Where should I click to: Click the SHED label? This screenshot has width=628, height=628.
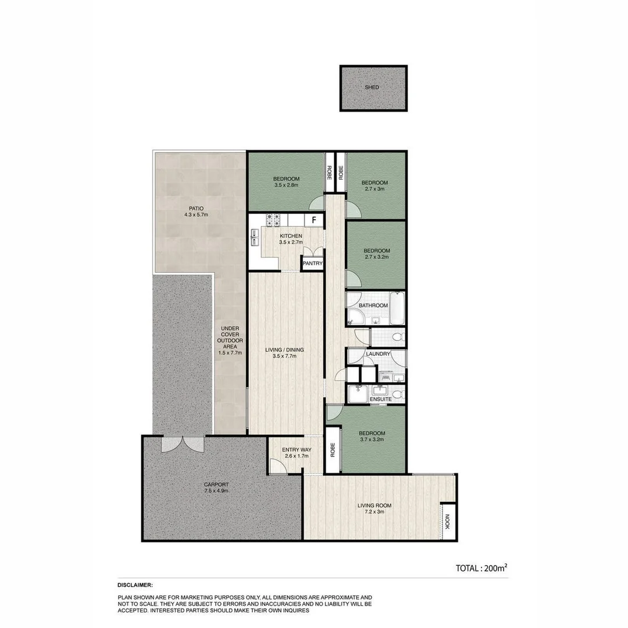372,87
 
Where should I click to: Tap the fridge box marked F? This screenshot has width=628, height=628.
314,220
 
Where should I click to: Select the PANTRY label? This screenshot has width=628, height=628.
312,263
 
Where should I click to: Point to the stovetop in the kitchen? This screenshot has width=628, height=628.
274,220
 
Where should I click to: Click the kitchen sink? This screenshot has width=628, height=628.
255,237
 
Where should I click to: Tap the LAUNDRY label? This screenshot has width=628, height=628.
378,354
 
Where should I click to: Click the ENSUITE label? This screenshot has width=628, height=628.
380,399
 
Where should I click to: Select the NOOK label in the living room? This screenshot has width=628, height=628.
447,520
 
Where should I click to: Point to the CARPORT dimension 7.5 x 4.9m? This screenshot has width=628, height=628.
216,491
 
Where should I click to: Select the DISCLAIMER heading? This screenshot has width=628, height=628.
135,585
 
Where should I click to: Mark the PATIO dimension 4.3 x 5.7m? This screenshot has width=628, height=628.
195,215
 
